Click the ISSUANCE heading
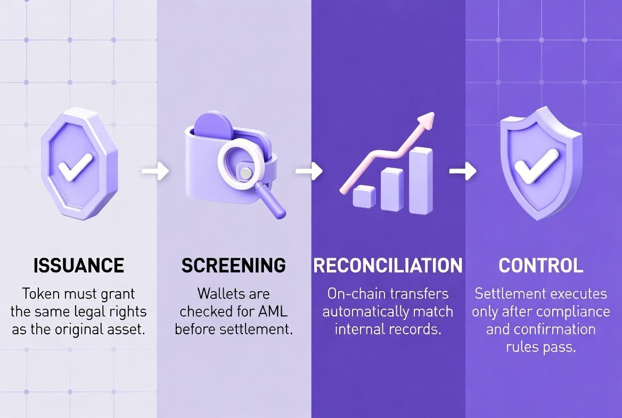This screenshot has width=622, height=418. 78,265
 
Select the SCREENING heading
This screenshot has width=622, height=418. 233,265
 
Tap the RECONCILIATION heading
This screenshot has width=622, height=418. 388,265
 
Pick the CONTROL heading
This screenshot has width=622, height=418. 541,265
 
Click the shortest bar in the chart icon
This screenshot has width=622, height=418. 364,197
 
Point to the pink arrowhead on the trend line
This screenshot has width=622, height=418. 426,122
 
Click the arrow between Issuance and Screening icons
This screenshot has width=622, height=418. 155,172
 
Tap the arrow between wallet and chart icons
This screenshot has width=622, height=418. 309,172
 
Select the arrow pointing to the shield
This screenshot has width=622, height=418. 462,172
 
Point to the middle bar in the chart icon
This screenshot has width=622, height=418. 392,189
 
